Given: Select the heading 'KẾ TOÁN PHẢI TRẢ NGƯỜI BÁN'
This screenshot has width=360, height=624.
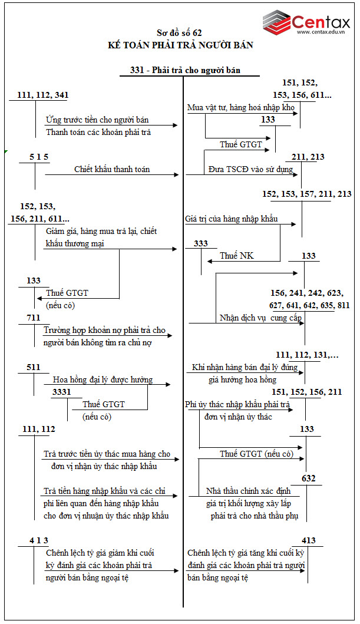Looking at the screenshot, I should tap(180, 45).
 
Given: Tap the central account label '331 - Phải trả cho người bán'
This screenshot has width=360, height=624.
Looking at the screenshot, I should tap(186, 70).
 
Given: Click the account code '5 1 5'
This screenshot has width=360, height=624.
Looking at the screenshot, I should tap(39, 157).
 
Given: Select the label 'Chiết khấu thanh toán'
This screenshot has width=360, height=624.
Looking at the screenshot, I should tap(112, 169).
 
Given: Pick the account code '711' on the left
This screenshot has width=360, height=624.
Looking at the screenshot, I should tap(34, 319).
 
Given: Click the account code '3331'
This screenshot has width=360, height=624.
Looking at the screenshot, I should tap(62, 392).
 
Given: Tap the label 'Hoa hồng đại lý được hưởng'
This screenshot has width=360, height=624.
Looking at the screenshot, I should tap(103, 379).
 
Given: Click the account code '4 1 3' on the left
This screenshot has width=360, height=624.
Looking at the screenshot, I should tap(39, 540).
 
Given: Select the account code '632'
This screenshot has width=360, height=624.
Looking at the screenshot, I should tap(308, 478).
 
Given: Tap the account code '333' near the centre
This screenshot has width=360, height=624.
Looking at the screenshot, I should tap(200, 243).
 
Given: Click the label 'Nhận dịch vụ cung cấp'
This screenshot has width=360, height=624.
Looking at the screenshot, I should tap(260, 318).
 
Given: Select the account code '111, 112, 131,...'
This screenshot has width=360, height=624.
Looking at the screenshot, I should tap(307, 355).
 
